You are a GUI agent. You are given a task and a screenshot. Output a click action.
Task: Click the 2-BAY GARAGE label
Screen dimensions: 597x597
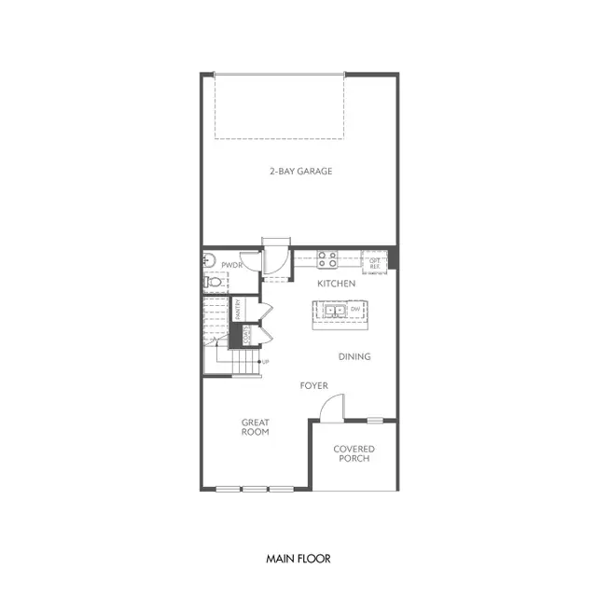[300, 171]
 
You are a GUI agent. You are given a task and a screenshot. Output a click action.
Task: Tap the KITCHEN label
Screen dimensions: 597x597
[336, 283]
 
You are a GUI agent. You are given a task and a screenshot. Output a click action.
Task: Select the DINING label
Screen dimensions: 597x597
[354, 356]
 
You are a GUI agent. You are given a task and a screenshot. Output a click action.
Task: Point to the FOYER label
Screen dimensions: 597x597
[312, 385]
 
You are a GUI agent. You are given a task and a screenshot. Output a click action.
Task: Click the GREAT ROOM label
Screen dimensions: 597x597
[255, 425]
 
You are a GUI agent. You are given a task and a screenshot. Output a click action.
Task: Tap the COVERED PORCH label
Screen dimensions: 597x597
[354, 453]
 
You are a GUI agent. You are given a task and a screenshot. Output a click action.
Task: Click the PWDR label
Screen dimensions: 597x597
[231, 265]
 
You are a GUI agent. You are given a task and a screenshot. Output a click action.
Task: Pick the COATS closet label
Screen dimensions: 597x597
[247, 335]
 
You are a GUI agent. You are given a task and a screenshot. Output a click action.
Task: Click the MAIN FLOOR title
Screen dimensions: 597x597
[298, 559]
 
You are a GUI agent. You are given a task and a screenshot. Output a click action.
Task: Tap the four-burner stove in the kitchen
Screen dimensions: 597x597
[326, 258]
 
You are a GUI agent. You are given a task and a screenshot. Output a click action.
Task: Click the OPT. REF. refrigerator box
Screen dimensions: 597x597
[374, 262]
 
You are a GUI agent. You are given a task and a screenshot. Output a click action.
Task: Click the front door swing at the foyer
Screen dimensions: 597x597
[332, 409]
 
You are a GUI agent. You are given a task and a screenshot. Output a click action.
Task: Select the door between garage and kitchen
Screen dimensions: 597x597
[276, 258]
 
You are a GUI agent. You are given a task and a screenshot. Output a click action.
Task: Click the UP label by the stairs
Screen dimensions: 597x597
[266, 361]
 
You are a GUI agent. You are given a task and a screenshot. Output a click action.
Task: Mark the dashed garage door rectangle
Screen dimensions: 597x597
[279, 106]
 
